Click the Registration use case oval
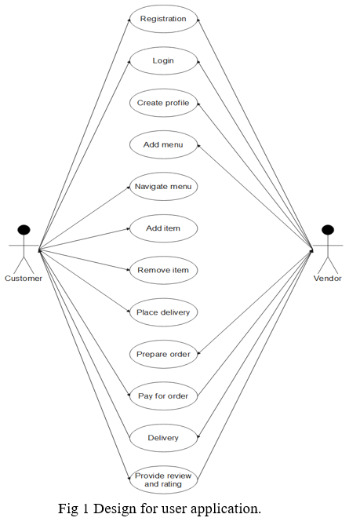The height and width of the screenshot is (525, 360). [x=164, y=19]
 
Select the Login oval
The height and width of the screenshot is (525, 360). [x=164, y=60]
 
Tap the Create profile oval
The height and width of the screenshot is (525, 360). [x=164, y=103]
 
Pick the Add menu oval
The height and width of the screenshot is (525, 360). [x=164, y=144]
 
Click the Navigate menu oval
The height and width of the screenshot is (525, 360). [x=164, y=187]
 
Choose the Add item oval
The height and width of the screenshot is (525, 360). [x=164, y=228]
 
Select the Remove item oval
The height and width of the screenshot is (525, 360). [x=164, y=270]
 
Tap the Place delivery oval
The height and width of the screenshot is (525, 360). [x=164, y=312]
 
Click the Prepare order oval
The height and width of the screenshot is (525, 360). [x=164, y=354]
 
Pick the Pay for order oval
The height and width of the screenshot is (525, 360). [x=164, y=396]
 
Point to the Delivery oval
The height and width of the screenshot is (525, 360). [x=164, y=438]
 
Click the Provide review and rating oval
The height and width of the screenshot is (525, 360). [x=164, y=479]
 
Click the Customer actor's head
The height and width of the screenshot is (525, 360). [x=24, y=230]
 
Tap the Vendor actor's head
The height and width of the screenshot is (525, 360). [x=328, y=230]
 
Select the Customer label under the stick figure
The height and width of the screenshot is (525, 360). [x=24, y=279]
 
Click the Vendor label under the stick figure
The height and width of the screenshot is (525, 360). [x=328, y=279]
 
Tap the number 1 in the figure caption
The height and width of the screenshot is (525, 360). [x=85, y=509]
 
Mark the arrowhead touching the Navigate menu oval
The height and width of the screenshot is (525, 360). [x=128, y=188]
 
